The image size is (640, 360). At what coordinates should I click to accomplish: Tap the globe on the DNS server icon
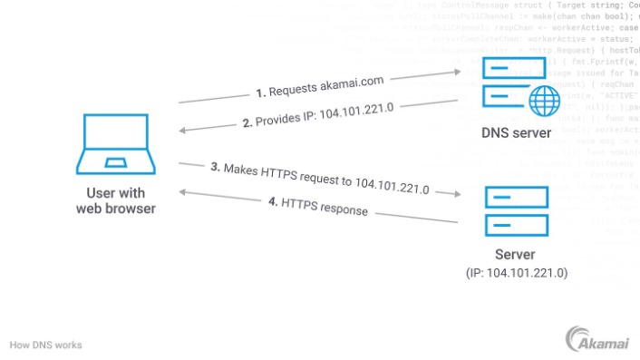pyautogui.click(x=543, y=101)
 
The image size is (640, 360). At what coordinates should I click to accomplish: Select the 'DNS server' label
pyautogui.click(x=515, y=134)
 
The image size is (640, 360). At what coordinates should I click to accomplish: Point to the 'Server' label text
pyautogui.click(x=515, y=255)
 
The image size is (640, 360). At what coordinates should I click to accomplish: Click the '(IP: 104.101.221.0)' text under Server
pyautogui.click(x=515, y=272)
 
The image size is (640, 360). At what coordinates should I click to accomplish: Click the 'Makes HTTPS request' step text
pyautogui.click(x=319, y=180)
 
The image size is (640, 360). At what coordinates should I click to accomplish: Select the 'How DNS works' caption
pyautogui.click(x=45, y=345)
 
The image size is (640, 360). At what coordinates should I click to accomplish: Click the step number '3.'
pyautogui.click(x=216, y=167)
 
